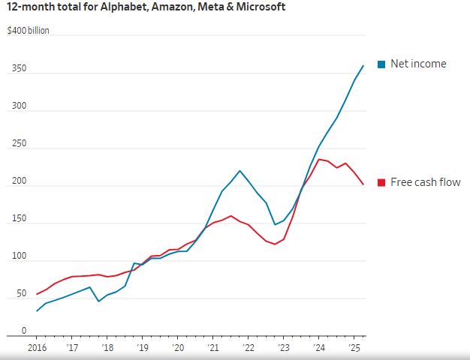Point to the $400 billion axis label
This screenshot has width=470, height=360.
(x=29, y=31)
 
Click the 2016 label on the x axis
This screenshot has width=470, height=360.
(x=36, y=349)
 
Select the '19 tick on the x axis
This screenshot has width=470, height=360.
(x=143, y=349)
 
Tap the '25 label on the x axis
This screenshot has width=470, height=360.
(x=355, y=349)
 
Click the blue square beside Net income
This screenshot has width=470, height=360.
(x=382, y=64)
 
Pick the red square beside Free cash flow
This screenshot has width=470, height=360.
(x=382, y=182)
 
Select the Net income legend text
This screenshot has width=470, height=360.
(x=418, y=64)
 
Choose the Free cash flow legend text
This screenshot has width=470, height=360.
(x=426, y=182)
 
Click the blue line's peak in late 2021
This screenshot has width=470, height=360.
(x=239, y=171)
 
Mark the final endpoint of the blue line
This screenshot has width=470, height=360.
(x=363, y=65)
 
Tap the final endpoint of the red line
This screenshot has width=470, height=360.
(x=363, y=184)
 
